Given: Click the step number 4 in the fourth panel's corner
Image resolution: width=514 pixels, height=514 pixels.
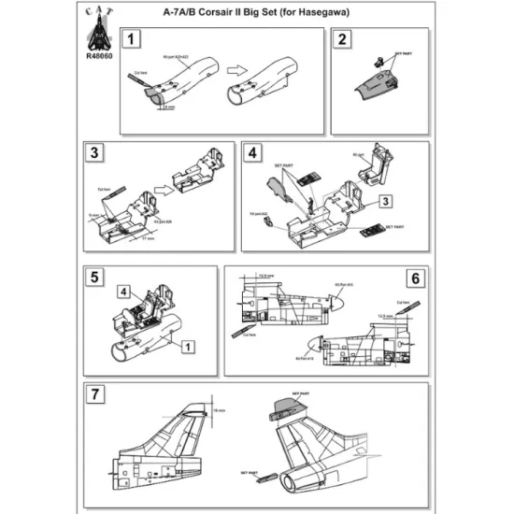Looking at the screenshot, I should (x=251, y=152).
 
